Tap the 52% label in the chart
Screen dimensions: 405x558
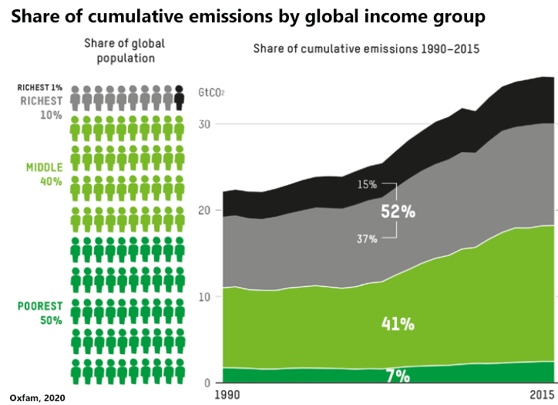[398, 211]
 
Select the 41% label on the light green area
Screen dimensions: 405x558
[398, 324]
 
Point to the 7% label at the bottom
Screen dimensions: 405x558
[398, 376]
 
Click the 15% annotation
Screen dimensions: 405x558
[367, 184]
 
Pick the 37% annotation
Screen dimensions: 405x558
[367, 239]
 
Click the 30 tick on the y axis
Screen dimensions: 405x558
[204, 124]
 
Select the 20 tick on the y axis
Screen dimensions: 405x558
[204, 211]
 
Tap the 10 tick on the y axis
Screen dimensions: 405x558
[204, 297]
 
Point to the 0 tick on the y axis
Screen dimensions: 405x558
[207, 383]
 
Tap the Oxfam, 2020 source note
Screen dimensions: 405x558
[34, 397]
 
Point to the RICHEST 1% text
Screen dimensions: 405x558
[40, 87]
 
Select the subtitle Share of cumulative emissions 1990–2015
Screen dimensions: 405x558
[367, 49]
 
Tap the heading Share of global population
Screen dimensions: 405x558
[124, 50]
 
